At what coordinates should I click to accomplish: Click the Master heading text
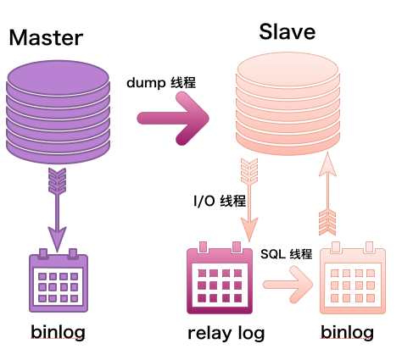click(46, 37)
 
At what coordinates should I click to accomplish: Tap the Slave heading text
click(286, 32)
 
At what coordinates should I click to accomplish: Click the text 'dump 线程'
click(161, 83)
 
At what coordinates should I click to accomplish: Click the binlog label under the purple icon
click(58, 331)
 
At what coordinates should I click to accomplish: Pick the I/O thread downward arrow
click(248, 199)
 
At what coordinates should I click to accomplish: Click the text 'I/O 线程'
click(220, 201)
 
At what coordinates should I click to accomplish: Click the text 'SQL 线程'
click(286, 254)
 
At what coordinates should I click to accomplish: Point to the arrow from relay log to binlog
click(288, 285)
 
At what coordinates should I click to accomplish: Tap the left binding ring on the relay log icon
click(201, 248)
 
